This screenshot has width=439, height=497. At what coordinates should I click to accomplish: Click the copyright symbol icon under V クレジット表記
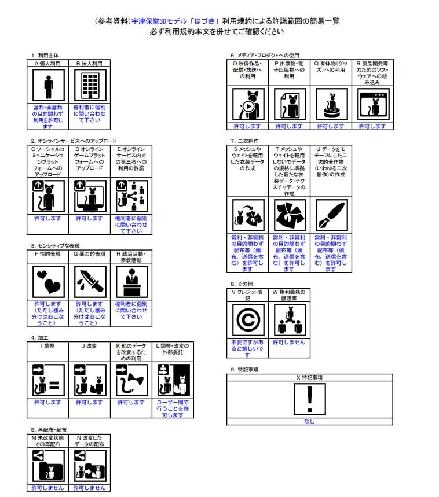(247, 319)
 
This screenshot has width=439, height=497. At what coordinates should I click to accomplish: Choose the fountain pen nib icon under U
(331, 215)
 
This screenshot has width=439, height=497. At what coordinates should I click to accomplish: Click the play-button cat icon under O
(248, 104)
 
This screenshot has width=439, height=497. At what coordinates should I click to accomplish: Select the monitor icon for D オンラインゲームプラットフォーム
(90, 195)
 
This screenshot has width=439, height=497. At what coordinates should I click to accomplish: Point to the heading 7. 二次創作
(244, 141)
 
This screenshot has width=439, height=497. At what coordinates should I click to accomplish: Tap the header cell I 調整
(48, 346)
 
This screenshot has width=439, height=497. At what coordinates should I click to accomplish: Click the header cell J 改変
(90, 346)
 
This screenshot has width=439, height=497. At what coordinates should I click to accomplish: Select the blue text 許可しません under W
(289, 343)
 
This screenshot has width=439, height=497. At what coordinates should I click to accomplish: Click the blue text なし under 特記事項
(309, 422)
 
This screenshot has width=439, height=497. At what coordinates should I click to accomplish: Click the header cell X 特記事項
(309, 378)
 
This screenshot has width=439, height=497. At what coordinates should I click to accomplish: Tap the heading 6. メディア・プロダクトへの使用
(265, 55)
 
